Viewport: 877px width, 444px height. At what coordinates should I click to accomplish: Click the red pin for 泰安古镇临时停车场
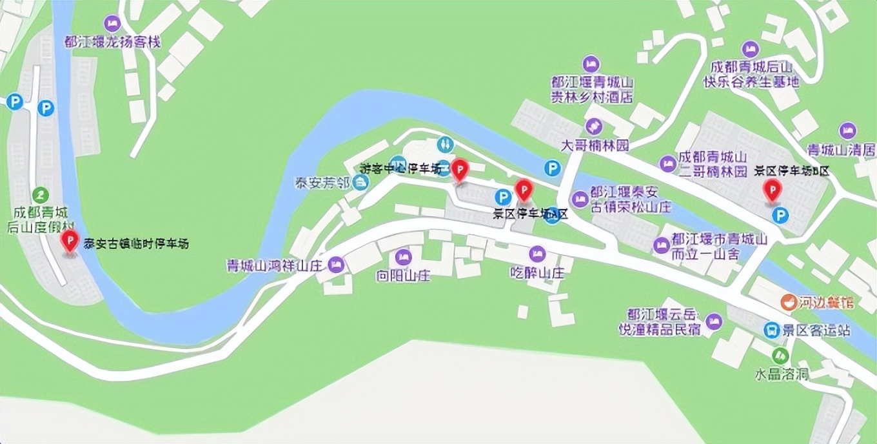(x=69, y=241)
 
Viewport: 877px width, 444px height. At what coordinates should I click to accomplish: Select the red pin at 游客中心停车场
(x=459, y=170)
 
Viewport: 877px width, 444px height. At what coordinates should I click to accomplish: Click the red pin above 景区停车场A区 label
(x=524, y=190)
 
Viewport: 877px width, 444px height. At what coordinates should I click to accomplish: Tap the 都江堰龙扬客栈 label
(x=112, y=42)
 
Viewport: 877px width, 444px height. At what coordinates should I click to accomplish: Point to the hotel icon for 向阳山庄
(x=404, y=257)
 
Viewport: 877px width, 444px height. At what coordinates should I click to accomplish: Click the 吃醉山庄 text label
(x=537, y=273)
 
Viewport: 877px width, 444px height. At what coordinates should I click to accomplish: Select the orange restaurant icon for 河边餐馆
(x=787, y=301)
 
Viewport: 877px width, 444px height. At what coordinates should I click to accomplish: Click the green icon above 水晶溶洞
(x=780, y=354)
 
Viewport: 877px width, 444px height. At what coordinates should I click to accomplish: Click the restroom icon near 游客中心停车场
(x=444, y=144)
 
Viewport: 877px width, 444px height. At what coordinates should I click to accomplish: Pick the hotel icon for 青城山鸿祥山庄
(x=335, y=265)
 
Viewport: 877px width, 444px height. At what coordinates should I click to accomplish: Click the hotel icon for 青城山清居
(x=847, y=131)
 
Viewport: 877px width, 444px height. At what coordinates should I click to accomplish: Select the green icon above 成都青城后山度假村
(x=42, y=194)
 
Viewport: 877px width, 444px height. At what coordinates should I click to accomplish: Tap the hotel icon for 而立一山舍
(x=661, y=245)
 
